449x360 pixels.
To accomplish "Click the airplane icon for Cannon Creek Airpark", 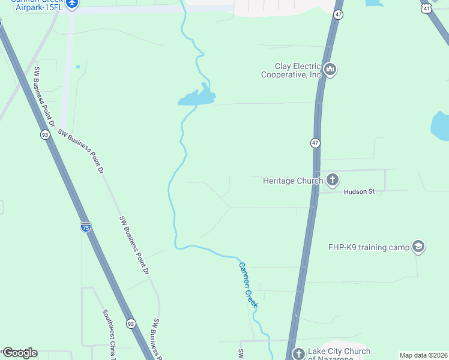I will point(72,4).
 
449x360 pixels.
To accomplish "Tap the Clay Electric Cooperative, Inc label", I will point(291,71).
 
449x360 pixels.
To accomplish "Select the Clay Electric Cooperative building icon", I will point(330,70).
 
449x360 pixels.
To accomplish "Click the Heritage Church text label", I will point(293,181).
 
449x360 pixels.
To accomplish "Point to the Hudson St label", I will point(359,192).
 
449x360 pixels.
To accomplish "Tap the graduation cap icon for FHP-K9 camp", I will point(418,247).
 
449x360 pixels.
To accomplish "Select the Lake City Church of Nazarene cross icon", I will point(298,354).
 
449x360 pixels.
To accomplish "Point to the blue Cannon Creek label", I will point(248,285).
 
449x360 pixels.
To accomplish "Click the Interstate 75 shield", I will point(86,227).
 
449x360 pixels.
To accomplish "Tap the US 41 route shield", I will point(426,8).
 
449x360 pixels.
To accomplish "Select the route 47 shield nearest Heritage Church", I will point(316,143).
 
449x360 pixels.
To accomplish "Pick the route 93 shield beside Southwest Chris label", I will point(131,323).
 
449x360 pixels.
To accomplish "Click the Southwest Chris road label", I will point(109,332).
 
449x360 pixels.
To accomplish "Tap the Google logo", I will point(20,353).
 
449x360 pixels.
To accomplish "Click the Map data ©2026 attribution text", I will point(424,355).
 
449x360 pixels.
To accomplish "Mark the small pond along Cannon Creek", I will point(196,98).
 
